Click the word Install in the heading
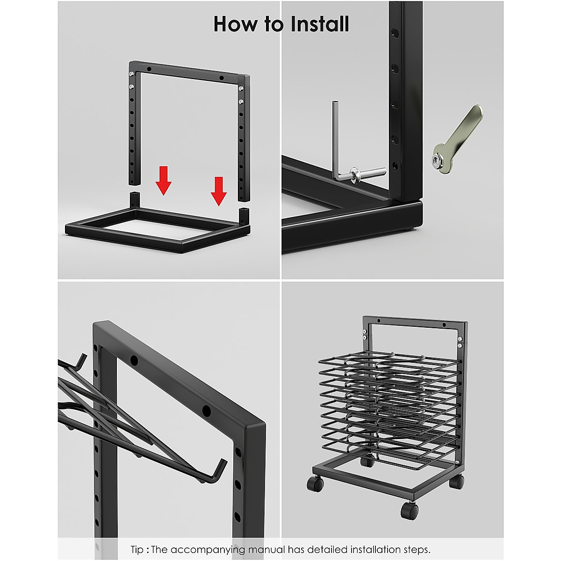tap(316, 24)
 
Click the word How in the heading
tap(235, 24)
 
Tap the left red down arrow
tap(163, 180)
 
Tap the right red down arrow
tap(219, 191)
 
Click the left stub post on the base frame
tap(135, 200)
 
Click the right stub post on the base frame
tap(244, 216)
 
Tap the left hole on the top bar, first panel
tap(149, 70)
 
